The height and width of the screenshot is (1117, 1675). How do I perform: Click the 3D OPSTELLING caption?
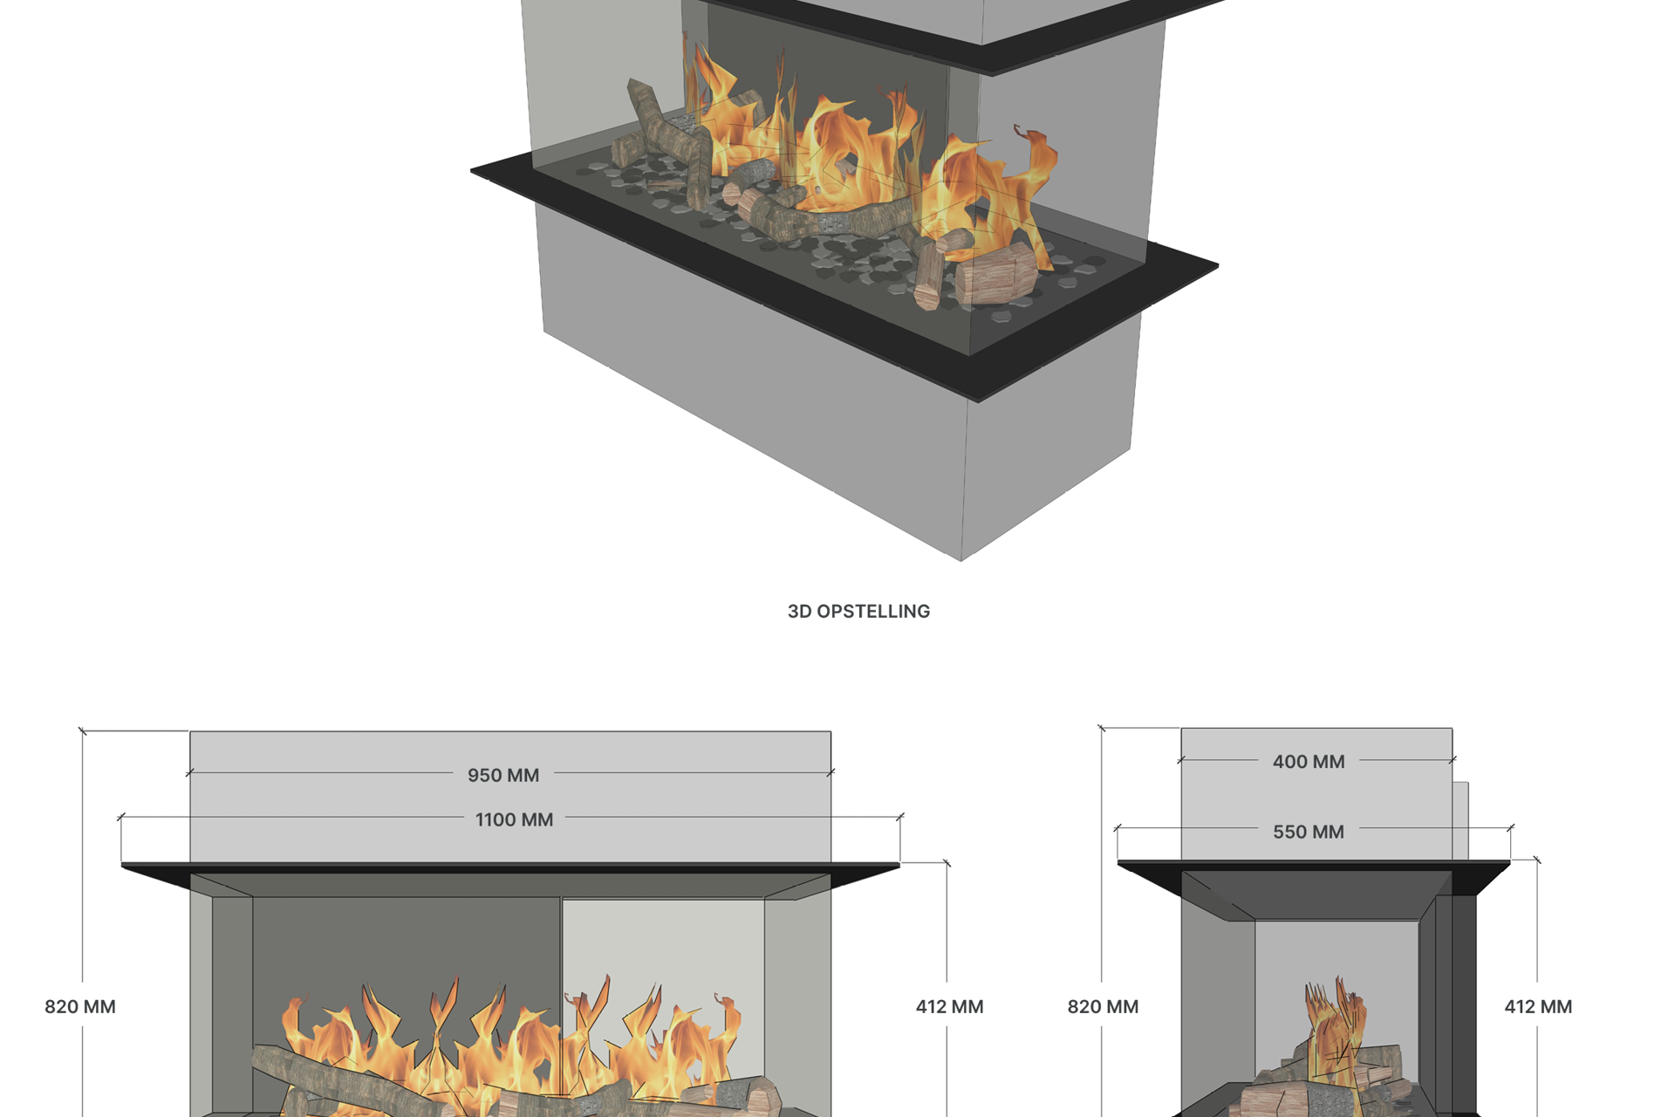(x=858, y=612)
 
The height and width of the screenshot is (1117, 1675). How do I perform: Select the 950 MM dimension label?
(x=503, y=775)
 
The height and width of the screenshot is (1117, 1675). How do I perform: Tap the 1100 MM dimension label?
(x=514, y=819)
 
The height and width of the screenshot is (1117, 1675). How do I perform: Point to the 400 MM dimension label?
(x=1309, y=762)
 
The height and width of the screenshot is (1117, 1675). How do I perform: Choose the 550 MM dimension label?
(x=1309, y=832)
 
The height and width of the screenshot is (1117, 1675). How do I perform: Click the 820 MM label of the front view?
(x=80, y=1006)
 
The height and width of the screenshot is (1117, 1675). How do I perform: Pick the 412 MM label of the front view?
(x=949, y=1006)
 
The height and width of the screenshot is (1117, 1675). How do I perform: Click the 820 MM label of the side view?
(x=1103, y=1006)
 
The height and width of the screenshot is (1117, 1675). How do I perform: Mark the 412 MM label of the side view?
(x=1538, y=1006)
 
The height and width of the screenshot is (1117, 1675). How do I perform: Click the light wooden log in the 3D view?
(x=996, y=274)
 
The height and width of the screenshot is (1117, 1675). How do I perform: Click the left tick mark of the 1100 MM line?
(x=121, y=817)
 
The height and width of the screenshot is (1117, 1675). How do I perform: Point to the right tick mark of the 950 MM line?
(x=831, y=772)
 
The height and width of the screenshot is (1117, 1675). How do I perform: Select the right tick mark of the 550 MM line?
(x=1510, y=827)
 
